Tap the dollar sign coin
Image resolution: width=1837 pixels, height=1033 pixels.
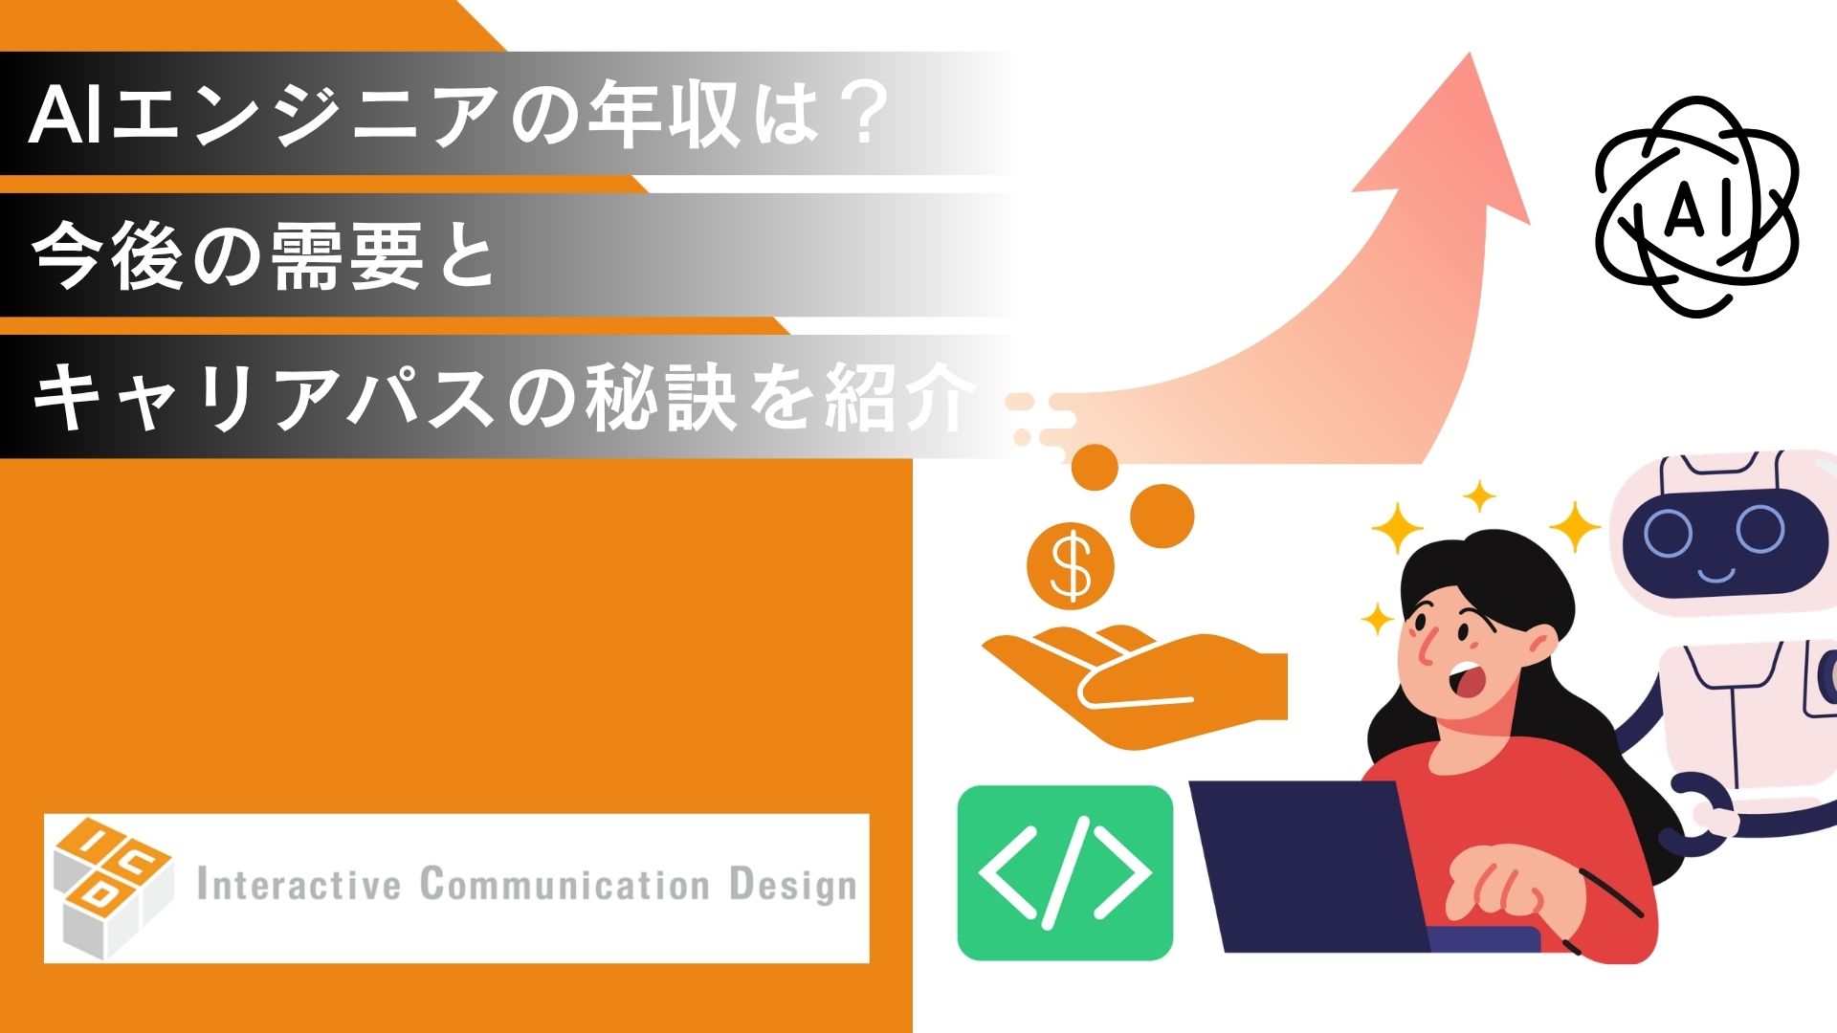tap(1070, 565)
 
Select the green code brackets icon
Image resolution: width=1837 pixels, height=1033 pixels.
tap(1065, 872)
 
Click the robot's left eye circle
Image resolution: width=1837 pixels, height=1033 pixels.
tap(1669, 535)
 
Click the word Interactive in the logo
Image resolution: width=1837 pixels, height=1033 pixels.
tap(299, 885)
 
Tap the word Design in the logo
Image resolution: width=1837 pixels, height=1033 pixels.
tap(792, 886)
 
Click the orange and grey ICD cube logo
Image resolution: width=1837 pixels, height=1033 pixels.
tap(110, 887)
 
